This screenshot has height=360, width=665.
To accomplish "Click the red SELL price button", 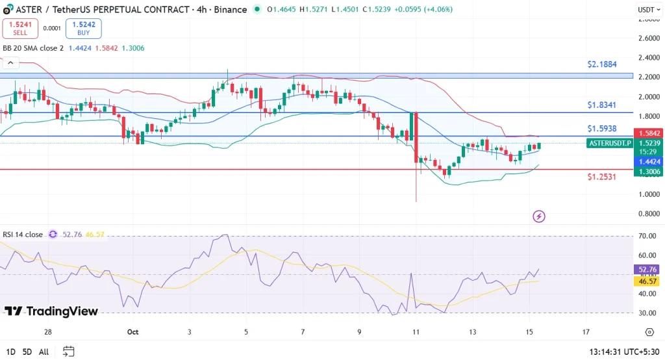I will (x=20, y=28).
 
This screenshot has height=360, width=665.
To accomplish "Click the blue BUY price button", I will (x=84, y=28).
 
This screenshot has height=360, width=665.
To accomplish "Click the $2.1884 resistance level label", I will (x=601, y=65).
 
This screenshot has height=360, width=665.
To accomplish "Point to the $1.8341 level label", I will (x=601, y=105).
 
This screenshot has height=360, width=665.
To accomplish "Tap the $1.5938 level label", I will (x=601, y=129).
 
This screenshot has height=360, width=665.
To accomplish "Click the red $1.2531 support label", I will (x=601, y=177).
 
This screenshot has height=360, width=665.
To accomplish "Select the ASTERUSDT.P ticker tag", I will (x=609, y=143).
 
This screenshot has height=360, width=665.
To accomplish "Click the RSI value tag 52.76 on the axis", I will (x=648, y=268).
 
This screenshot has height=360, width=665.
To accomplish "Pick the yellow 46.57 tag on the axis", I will (x=648, y=281).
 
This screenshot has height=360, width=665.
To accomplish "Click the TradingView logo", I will (x=51, y=311).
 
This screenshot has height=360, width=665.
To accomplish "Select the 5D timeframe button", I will (x=27, y=352).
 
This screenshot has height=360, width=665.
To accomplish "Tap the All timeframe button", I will (x=44, y=352).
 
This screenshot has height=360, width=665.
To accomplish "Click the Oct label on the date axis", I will (x=132, y=332).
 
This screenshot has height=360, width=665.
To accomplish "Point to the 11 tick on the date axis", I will (x=416, y=332).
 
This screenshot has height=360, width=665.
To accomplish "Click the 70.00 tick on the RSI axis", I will (x=647, y=237).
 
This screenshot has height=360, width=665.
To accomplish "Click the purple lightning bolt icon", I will (x=538, y=216).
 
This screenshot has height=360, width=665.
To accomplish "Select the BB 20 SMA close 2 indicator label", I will (x=33, y=48).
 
